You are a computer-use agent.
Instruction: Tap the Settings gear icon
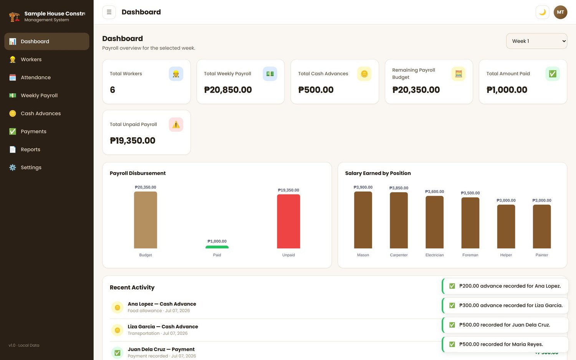point(13,168)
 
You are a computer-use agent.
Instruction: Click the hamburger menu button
point(109,12)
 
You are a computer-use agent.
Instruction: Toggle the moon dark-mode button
point(542,12)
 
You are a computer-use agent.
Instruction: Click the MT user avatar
point(560,12)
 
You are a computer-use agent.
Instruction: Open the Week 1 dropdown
point(536,41)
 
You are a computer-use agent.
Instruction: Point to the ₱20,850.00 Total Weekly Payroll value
point(228,90)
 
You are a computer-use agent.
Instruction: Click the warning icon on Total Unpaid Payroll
point(176,124)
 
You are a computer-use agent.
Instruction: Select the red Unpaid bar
point(288,221)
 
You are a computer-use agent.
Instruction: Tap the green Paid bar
point(217,247)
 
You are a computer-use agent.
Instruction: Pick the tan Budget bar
point(146,220)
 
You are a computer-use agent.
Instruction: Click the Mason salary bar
point(363,220)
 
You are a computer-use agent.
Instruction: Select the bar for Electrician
point(435,222)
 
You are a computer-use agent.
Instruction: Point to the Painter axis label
point(542,255)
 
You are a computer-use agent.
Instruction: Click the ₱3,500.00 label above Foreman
point(470,193)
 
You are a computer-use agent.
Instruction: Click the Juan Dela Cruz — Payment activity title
point(161,349)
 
